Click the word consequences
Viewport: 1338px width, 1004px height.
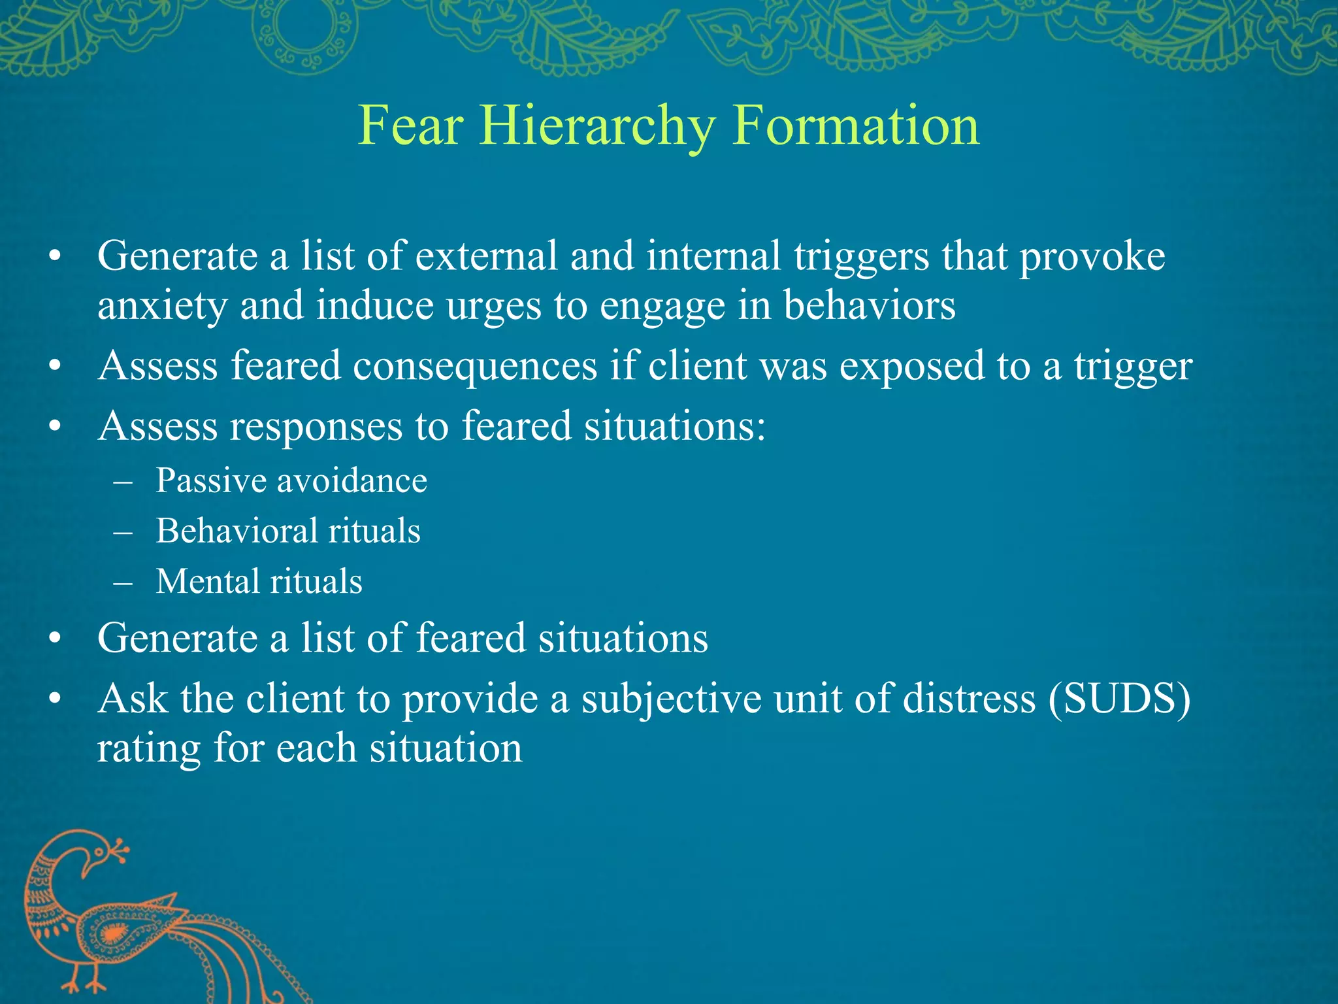coord(475,365)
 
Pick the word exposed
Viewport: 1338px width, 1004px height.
coord(912,366)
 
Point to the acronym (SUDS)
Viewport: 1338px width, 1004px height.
coord(1119,698)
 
